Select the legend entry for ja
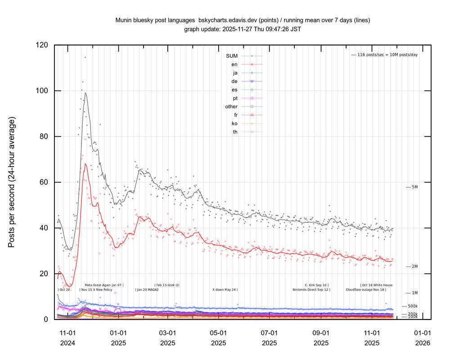pyautogui.click(x=234, y=73)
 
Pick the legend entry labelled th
pyautogui.click(x=234, y=132)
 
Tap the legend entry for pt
pyautogui.click(x=234, y=98)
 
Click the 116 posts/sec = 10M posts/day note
pyautogui.click(x=384, y=55)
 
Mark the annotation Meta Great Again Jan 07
pyautogui.click(x=103, y=285)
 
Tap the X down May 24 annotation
pyautogui.click(x=225, y=290)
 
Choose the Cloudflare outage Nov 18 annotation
pyautogui.click(x=365, y=290)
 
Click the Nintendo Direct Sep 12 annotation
pyautogui.click(x=311, y=290)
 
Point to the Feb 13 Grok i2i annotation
pyautogui.click(x=167, y=285)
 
